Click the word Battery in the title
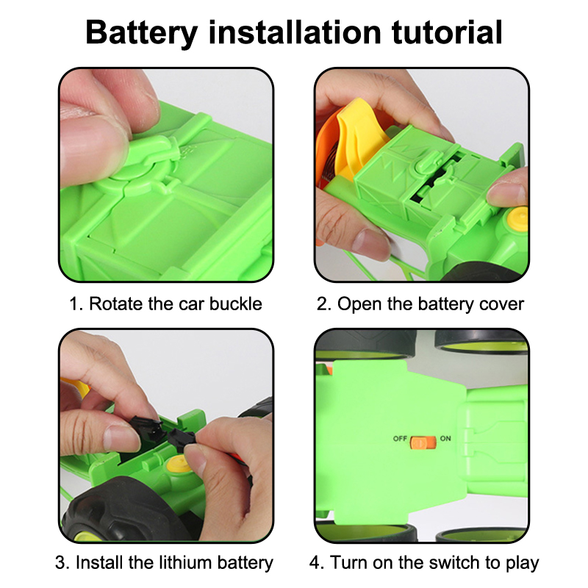(x=141, y=33)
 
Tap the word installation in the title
(x=295, y=32)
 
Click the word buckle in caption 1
(x=235, y=304)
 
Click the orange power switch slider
(x=423, y=442)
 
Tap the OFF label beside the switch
(x=400, y=438)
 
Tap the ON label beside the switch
(x=445, y=438)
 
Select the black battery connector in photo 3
(x=163, y=433)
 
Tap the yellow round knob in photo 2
(x=517, y=218)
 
